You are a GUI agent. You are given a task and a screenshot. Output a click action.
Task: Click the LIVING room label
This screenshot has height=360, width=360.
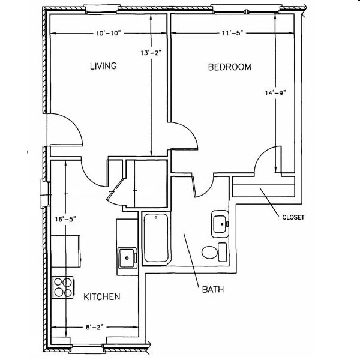tap(103, 65)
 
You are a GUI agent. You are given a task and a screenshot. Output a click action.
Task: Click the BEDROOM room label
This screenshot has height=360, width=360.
tap(229, 67)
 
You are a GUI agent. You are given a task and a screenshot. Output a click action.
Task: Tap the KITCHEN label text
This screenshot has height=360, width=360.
tap(102, 296)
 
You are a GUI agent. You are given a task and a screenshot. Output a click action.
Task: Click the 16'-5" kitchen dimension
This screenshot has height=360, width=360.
tap(63, 220)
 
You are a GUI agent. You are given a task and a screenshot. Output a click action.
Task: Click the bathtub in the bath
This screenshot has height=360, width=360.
tap(155, 238)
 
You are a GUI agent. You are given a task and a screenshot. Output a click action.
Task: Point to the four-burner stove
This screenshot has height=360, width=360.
tap(62, 286)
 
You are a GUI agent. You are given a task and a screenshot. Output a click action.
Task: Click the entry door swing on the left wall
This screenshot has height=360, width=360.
tap(64, 129)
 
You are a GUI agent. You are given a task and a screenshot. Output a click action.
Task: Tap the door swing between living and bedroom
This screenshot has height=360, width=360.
tap(184, 132)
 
